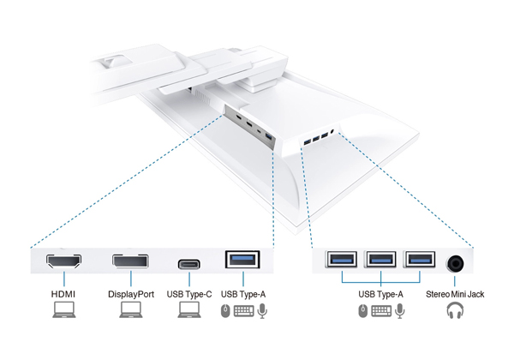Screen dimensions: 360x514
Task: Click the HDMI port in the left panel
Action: point(64,261)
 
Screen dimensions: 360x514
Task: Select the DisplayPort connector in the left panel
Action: point(129,261)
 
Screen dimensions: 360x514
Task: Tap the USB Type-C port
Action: point(189,263)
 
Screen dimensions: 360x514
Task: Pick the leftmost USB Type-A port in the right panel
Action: point(342,261)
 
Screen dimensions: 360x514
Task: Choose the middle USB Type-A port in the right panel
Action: point(380,261)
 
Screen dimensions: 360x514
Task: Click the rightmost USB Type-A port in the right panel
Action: point(419,261)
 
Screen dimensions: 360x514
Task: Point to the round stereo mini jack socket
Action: point(457,261)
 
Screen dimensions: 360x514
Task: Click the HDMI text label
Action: point(64,294)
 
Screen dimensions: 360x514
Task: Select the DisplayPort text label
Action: point(131,294)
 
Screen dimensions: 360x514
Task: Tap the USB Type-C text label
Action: point(189,294)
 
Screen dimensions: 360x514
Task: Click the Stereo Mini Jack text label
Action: point(456,294)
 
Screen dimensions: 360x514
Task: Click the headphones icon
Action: point(455,310)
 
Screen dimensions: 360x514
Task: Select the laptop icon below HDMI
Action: point(64,310)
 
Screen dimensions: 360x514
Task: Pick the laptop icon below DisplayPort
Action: point(131,310)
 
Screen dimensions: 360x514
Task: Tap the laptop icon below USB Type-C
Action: point(189,310)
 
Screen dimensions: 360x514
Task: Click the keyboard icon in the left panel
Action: point(243,310)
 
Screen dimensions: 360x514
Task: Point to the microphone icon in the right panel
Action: point(400,310)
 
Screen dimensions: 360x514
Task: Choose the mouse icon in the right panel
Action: point(362,310)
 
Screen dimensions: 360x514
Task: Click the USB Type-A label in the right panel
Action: point(380,294)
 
